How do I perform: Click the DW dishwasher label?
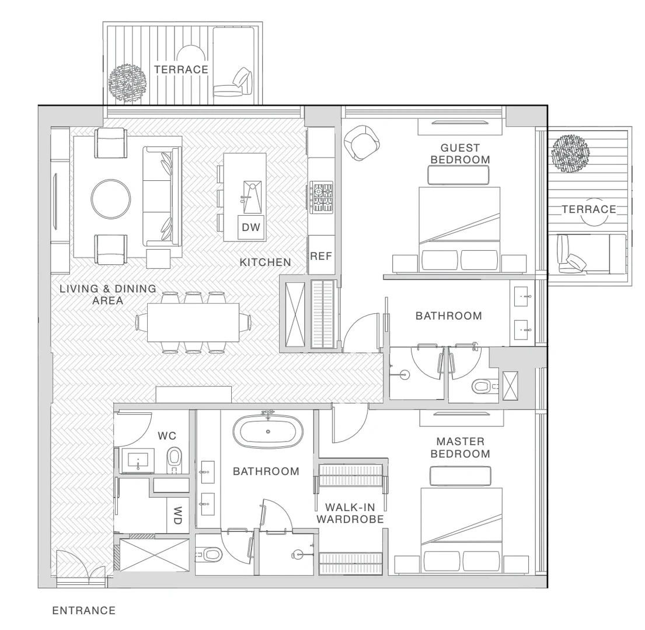(251, 228)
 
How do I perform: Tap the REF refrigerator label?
(321, 257)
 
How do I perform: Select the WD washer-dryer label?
(177, 515)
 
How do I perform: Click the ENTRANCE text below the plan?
(84, 611)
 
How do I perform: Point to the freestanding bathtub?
(268, 431)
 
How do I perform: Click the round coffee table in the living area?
(111, 199)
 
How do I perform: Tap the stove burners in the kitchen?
(322, 197)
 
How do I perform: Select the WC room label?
(166, 436)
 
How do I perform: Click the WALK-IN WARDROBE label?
(350, 513)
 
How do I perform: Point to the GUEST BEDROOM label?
(461, 153)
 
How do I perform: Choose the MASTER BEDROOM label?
(461, 447)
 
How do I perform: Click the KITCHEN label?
(266, 262)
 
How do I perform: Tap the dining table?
(193, 322)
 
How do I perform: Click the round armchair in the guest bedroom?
(362, 142)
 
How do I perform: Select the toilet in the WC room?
(175, 460)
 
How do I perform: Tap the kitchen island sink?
(252, 197)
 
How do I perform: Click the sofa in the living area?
(162, 197)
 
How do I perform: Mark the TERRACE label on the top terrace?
(182, 69)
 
